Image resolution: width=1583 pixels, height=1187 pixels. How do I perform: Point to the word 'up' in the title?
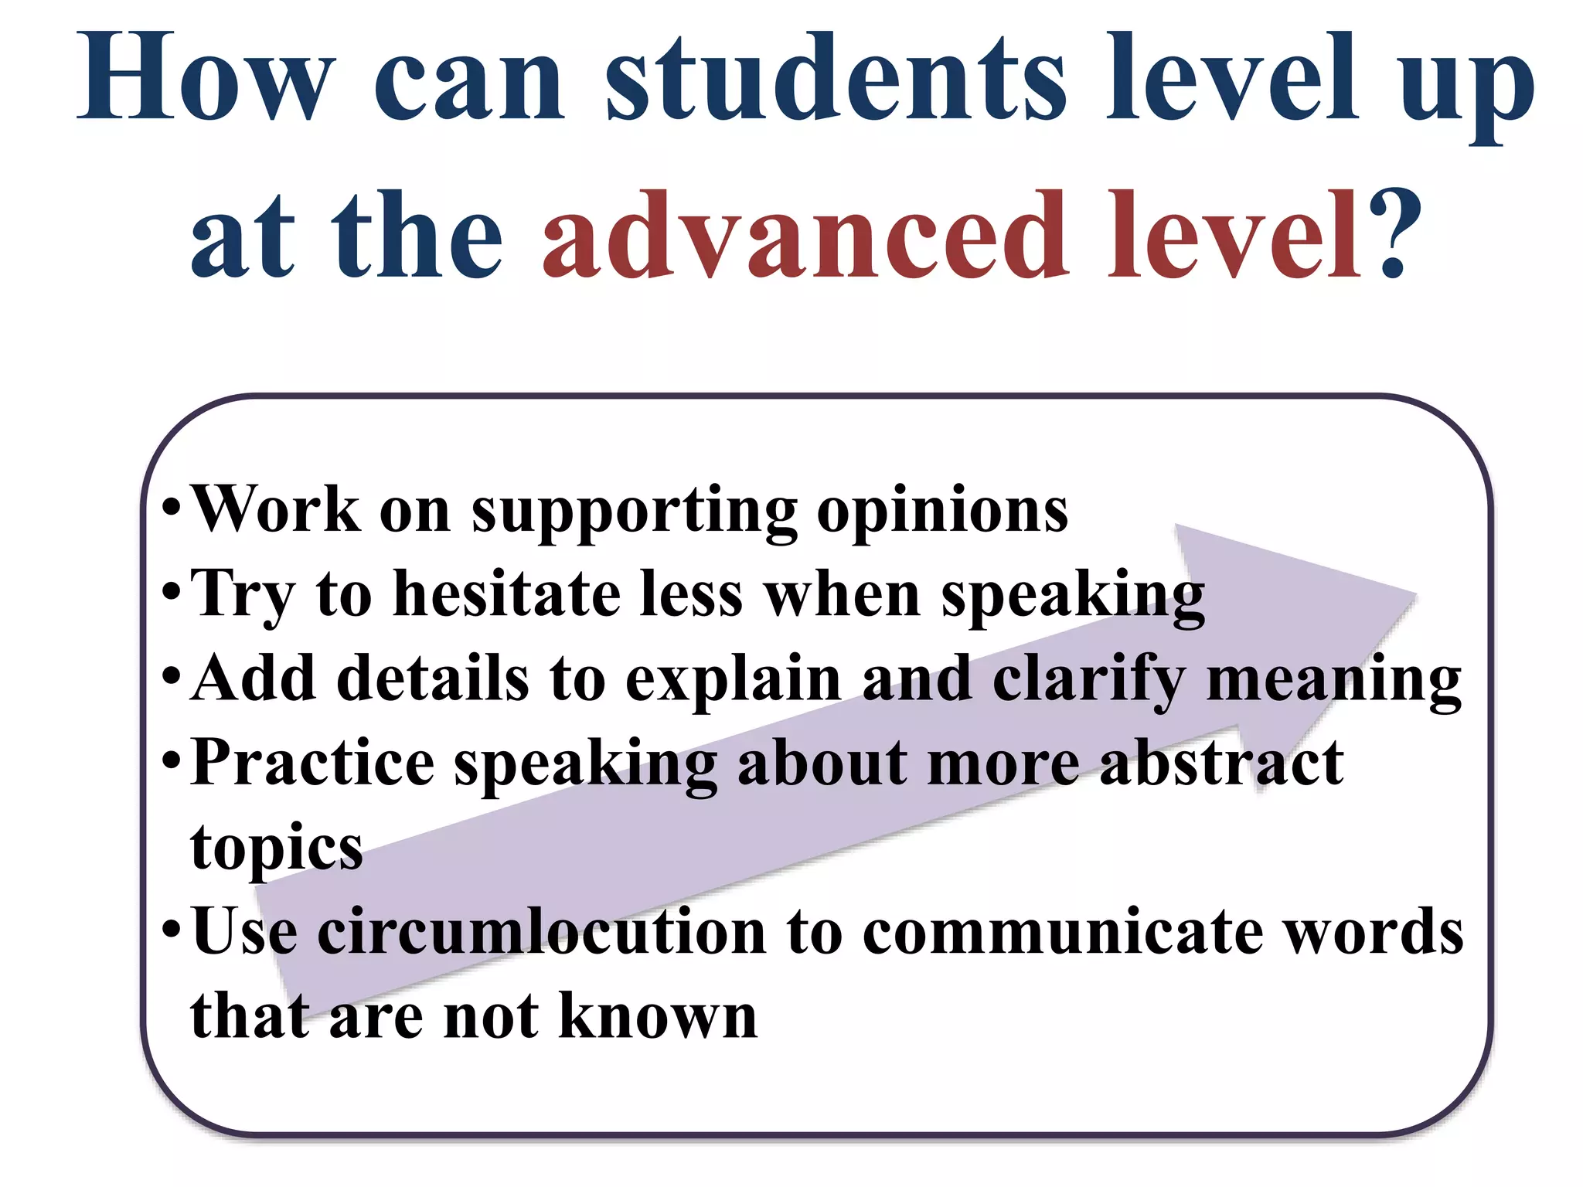point(1466,85)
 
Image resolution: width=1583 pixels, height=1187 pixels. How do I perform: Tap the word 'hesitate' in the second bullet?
point(506,594)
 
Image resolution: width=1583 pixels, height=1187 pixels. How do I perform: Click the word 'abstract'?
point(1221,763)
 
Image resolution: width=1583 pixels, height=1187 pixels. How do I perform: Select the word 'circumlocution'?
point(541,931)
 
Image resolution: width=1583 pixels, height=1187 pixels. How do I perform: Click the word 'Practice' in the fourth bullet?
point(312,763)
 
